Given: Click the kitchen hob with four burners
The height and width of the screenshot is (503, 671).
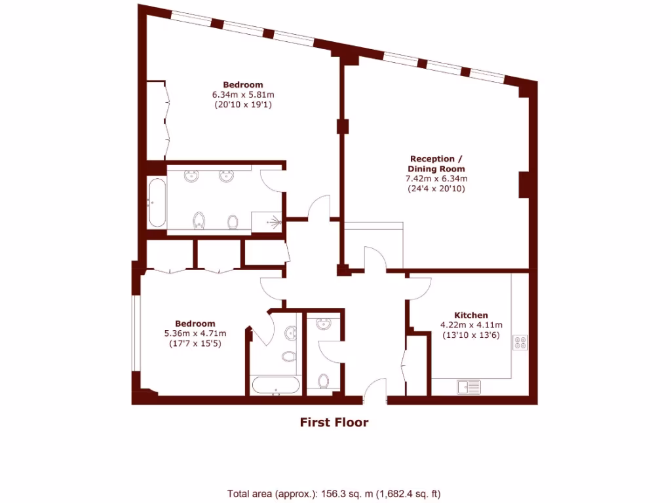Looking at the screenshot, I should [x=521, y=343].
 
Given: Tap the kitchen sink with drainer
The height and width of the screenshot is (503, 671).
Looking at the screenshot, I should [x=469, y=386].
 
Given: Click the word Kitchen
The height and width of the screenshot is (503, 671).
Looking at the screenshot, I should [x=471, y=315].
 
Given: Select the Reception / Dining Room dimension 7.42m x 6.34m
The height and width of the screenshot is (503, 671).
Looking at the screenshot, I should [x=436, y=179].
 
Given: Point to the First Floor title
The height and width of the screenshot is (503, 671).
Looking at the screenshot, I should [x=334, y=422].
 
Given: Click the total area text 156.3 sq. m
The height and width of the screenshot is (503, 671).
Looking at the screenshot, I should [x=338, y=493].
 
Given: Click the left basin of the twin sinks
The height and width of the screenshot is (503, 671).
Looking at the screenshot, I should [x=193, y=176].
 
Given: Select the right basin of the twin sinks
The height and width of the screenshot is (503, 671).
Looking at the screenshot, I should [x=227, y=176].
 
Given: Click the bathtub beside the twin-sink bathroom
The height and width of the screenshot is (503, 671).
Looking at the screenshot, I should [x=156, y=202].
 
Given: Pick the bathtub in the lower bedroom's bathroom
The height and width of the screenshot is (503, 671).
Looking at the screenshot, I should [x=276, y=385].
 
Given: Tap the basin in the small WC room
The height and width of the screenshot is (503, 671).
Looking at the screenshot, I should [x=323, y=324].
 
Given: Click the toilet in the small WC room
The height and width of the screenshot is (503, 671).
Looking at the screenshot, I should [x=323, y=380].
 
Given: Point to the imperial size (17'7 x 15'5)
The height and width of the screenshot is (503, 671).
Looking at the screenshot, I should [x=195, y=343].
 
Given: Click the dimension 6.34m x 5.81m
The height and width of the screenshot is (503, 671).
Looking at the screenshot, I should [x=242, y=94].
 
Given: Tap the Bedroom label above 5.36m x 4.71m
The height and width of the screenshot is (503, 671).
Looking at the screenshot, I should [x=195, y=324].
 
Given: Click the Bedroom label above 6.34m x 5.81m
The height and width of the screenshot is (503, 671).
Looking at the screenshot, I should [x=242, y=84].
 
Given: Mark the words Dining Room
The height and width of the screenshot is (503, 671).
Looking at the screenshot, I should [x=436, y=169].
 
